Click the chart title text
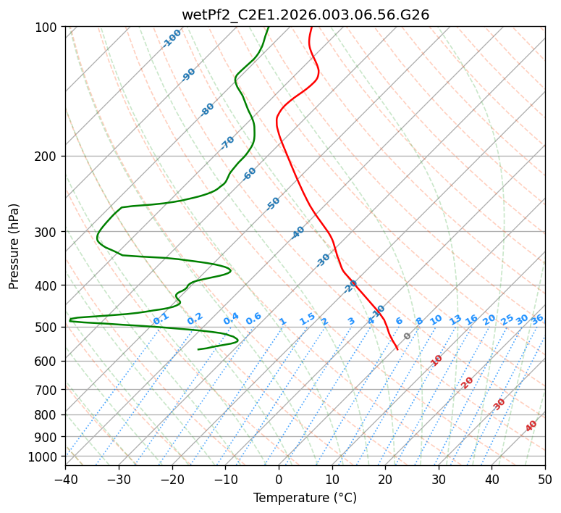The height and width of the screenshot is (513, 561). (305, 14)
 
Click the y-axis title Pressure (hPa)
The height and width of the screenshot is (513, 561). (14, 246)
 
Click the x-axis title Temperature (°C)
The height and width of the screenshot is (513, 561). (305, 498)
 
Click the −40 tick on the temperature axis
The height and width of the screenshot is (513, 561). (65, 479)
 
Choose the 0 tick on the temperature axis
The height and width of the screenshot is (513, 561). (279, 479)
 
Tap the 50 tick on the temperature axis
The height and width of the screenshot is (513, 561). (545, 479)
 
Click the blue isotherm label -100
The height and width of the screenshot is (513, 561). (172, 38)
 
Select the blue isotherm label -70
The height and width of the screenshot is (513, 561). (227, 143)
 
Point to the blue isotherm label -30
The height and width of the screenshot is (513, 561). (323, 260)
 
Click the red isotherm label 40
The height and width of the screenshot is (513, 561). (531, 426)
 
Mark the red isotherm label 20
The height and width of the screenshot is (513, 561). (468, 382)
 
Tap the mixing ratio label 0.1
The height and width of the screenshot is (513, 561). (161, 318)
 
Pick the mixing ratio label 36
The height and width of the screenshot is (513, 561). (537, 319)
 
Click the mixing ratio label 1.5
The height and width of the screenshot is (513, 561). (307, 319)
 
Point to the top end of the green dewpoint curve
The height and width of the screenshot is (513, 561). (268, 28)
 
